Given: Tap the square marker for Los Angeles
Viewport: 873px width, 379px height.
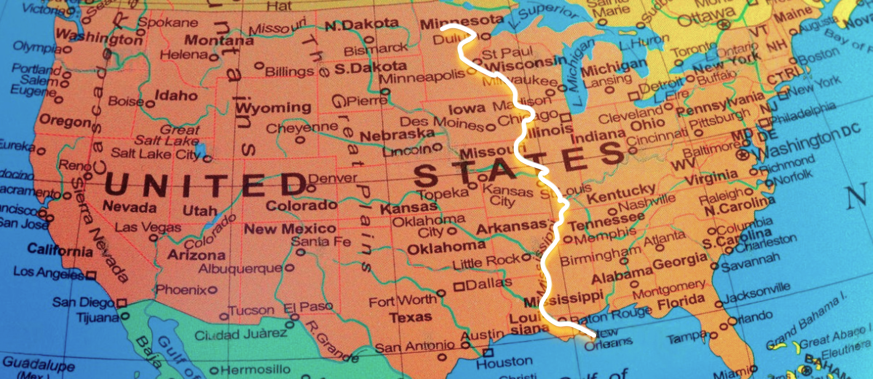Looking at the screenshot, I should click(91, 275).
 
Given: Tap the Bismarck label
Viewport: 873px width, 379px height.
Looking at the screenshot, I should click(376, 50).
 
